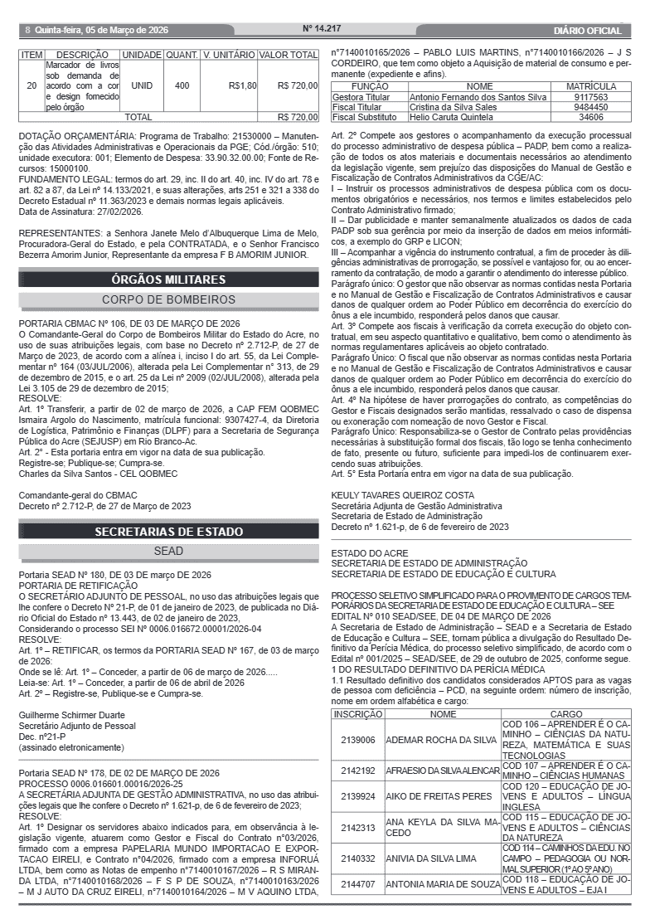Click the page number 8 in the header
coord(27,30)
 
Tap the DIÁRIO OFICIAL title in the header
coord(587,31)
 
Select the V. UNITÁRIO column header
coord(228,55)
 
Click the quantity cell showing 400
coord(182,85)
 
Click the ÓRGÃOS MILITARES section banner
coord(169,280)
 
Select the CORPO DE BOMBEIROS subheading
coord(169,299)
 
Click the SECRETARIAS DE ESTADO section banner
coord(169,532)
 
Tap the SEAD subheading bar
coord(169,551)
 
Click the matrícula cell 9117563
coord(591,97)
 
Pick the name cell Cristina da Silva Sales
coord(454,107)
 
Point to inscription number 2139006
coord(357,740)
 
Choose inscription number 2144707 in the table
coord(357,884)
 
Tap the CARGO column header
coord(566,713)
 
